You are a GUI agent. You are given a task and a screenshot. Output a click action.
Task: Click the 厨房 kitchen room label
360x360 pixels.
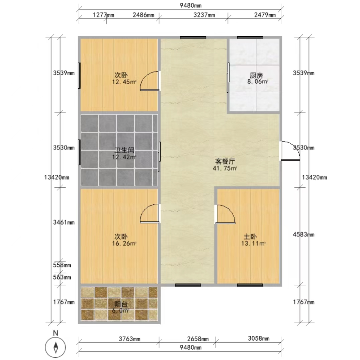[256, 75]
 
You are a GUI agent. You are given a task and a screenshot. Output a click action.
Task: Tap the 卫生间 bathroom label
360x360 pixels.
[124, 151]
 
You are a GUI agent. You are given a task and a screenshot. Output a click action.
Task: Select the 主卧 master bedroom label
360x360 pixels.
[250, 237]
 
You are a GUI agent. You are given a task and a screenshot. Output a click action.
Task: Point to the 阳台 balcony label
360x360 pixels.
[121, 304]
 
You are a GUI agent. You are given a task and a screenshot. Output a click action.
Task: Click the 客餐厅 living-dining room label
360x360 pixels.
[225, 162]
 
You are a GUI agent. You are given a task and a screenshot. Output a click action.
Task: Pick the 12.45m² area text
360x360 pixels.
[124, 82]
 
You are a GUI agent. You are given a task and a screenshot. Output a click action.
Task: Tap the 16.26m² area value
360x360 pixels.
[124, 243]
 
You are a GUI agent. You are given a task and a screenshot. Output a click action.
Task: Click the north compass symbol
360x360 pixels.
[56, 347]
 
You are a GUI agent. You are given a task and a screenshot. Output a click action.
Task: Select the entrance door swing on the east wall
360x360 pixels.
[290, 151]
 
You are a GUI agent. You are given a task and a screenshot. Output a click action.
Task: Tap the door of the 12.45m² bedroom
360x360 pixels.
[150, 81]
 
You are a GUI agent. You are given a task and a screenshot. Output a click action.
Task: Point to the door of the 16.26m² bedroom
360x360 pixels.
[150, 213]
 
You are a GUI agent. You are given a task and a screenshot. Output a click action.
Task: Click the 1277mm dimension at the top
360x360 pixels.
[103, 15]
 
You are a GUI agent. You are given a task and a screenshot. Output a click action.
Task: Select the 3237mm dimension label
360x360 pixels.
[204, 15]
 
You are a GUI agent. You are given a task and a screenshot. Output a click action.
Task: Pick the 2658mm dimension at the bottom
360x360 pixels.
[198, 339]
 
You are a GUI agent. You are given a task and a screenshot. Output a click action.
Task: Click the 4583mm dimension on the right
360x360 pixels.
[303, 235]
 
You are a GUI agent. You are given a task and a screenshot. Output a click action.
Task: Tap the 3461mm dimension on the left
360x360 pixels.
[64, 222]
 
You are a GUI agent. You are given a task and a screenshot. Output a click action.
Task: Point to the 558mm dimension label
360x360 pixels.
[62, 265]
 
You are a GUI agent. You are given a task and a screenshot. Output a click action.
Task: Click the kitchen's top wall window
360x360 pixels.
[250, 37]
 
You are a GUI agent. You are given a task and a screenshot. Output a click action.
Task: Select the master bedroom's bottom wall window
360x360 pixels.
[250, 285]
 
